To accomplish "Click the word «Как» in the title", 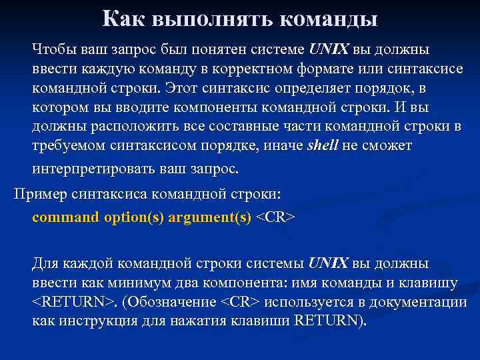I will (x=125, y=19).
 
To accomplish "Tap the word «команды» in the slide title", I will (x=329, y=19).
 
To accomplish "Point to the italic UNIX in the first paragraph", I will (x=329, y=51).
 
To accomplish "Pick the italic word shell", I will (x=323, y=146).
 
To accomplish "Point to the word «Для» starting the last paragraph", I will (x=45, y=264).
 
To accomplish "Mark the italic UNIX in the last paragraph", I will (x=329, y=264).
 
